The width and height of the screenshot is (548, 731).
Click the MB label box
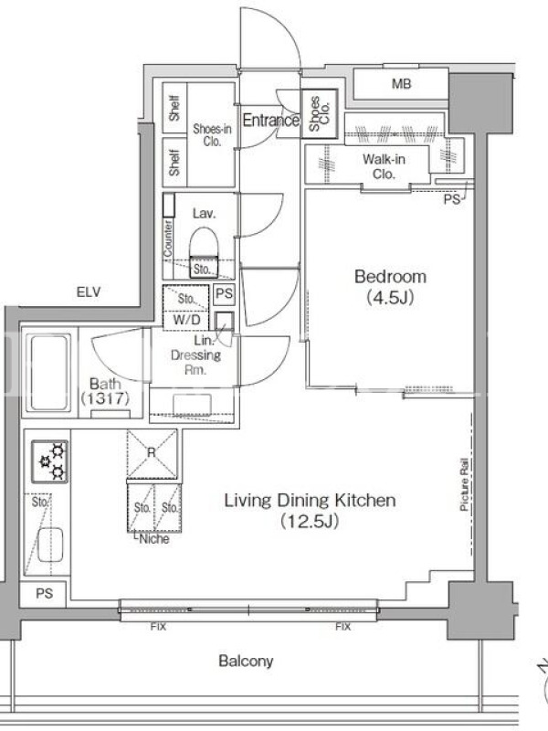point(401,84)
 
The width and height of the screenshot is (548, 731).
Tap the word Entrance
point(270,121)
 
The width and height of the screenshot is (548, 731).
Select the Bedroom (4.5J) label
point(391,287)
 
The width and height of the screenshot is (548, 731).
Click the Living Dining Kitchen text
point(310,500)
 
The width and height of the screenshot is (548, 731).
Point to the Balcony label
point(246,661)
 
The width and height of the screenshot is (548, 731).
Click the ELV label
point(89,292)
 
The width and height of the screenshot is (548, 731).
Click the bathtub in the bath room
point(49,372)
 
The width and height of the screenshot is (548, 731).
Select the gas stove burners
point(50,461)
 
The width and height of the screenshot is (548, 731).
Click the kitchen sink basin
point(50,545)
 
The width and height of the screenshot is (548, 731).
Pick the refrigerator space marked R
point(152,453)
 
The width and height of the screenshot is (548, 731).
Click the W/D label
point(186,320)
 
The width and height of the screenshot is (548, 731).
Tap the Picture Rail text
point(464,484)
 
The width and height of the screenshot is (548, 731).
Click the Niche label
point(154,539)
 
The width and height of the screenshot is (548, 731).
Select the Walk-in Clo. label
point(384,166)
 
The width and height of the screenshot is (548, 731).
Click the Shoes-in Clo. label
point(212,134)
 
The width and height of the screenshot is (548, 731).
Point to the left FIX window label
point(158,627)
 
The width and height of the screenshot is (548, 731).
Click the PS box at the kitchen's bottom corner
point(45,593)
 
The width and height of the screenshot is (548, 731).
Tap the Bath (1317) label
point(105,391)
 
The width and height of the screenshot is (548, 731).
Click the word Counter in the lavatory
point(168,238)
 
